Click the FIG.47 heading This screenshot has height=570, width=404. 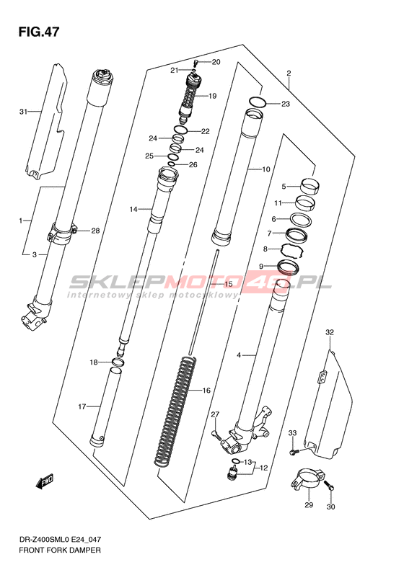(x=38, y=32)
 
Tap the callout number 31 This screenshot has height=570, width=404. (x=23, y=112)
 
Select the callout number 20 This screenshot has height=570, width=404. (x=216, y=62)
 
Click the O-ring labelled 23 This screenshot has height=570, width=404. (x=258, y=102)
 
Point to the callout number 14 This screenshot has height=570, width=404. (x=133, y=209)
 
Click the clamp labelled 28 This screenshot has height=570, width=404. (x=62, y=233)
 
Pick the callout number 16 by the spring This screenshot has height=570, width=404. (x=206, y=391)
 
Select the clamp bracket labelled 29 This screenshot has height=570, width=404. (x=307, y=479)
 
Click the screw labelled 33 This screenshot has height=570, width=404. (x=294, y=452)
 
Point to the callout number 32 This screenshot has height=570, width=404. (x=330, y=332)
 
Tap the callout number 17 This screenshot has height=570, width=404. (x=82, y=406)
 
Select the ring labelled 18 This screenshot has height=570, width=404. (x=117, y=362)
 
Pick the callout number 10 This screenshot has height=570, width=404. (x=266, y=169)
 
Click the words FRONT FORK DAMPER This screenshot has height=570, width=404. (x=60, y=550)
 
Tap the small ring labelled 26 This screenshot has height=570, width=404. (x=172, y=164)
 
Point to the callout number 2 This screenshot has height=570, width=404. (x=289, y=74)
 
